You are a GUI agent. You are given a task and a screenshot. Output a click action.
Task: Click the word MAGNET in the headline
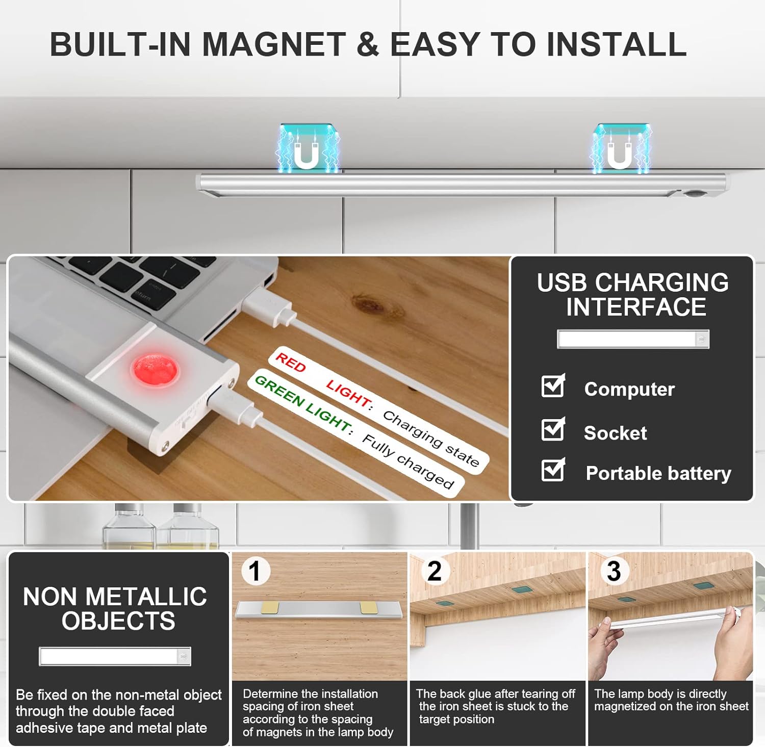(274, 44)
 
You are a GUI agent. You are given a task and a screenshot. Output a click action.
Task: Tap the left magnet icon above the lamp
(307, 148)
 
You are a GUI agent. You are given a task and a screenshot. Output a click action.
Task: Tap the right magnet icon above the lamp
(620, 148)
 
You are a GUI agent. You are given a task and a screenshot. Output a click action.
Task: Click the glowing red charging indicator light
(155, 370)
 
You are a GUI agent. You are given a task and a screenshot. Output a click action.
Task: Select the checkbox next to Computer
(553, 386)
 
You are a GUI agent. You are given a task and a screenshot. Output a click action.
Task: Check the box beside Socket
(553, 429)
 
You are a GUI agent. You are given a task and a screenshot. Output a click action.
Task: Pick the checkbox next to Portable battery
(553, 470)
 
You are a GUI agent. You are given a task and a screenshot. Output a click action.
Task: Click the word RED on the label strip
(290, 362)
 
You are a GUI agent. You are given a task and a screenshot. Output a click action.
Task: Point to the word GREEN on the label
(279, 390)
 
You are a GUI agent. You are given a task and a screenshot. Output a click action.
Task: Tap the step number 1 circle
(256, 571)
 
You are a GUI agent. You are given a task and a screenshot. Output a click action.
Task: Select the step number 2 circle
(435, 571)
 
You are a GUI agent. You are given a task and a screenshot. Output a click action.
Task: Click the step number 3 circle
(614, 571)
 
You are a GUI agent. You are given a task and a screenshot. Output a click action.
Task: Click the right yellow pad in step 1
(369, 607)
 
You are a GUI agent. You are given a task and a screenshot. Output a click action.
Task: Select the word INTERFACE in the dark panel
(636, 307)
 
